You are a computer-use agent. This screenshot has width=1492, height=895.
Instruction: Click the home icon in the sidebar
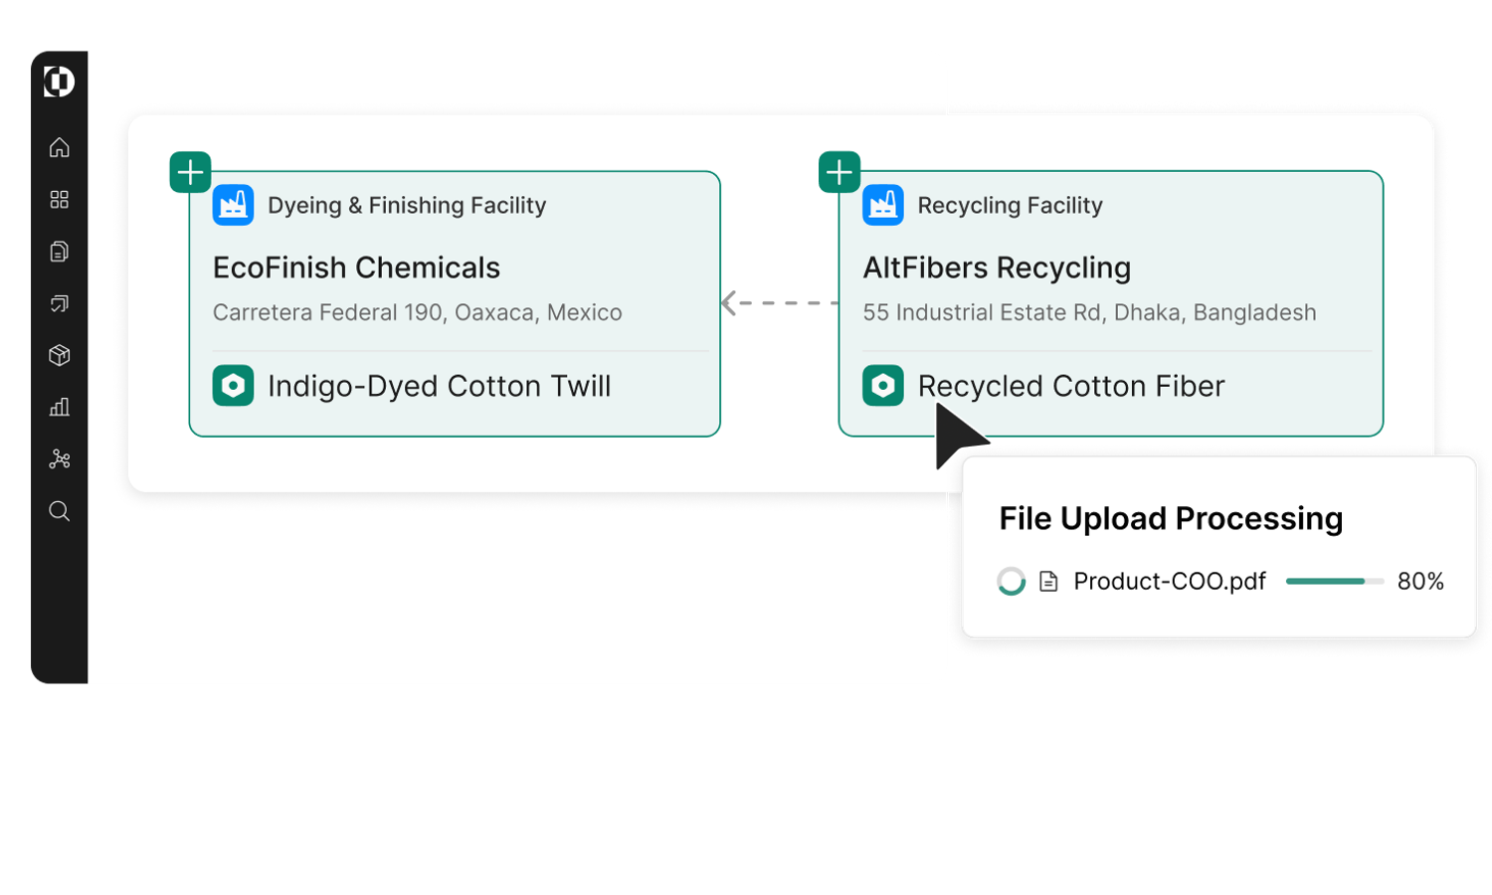[60, 147]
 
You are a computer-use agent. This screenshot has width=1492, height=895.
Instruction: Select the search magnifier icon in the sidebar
[60, 511]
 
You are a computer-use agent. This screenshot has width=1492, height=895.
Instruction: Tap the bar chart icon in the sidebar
[60, 407]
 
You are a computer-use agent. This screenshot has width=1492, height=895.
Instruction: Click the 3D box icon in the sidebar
[60, 355]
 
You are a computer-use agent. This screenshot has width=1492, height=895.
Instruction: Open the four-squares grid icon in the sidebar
[60, 200]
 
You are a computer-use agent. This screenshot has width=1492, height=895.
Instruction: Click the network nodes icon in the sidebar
[60, 458]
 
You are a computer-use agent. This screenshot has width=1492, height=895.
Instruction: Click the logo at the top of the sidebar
[60, 82]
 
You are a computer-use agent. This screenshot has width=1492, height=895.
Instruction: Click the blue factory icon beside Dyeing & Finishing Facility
[233, 206]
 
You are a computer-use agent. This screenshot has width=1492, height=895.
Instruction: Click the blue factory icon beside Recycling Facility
[882, 206]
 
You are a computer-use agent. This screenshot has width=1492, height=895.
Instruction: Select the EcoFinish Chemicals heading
[356, 268]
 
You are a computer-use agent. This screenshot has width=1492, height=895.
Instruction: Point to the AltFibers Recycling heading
[997, 268]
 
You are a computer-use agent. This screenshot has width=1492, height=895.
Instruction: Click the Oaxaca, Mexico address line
[417, 312]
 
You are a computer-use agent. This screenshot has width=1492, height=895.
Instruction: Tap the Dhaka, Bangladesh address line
[1089, 312]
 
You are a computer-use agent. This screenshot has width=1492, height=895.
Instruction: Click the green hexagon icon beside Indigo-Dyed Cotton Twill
[233, 386]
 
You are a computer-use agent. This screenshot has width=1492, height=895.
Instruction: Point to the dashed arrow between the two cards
[779, 302]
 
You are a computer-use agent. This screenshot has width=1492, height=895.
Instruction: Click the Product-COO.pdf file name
[1169, 581]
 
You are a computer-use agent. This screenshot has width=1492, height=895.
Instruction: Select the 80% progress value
[1419, 581]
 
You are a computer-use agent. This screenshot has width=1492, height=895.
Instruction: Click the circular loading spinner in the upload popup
[1011, 581]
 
